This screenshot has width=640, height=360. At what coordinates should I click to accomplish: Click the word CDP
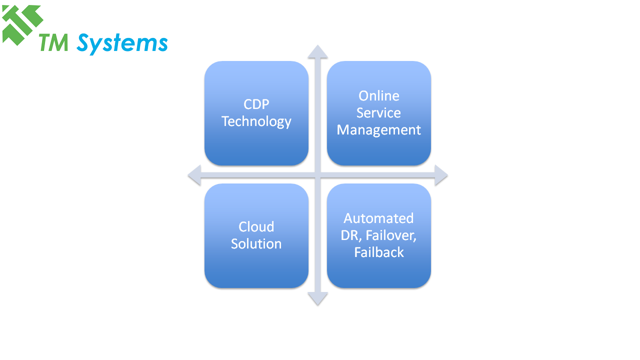pos(256,104)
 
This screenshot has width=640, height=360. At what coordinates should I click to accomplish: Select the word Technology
pos(256,121)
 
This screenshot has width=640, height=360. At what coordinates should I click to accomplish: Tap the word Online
pos(378,96)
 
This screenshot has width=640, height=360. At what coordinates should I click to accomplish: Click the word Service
pos(378,113)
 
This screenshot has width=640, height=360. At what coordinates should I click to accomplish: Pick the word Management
pos(378,130)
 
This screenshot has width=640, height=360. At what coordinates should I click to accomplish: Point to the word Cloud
pos(256,227)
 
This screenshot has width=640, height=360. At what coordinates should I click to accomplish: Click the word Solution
pos(256,244)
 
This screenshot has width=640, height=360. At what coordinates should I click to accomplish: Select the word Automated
pos(378,218)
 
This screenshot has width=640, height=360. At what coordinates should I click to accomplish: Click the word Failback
pos(378,252)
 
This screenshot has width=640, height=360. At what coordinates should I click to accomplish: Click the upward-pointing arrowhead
pos(317,51)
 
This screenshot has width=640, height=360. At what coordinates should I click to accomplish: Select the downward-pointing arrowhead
pos(317,299)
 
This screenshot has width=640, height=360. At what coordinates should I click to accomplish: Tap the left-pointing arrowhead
pos(194,175)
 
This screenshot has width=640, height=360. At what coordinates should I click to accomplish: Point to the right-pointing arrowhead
pos(440,175)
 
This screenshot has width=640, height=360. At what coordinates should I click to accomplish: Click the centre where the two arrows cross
pos(317,175)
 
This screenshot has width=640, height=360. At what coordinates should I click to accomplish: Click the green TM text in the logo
pos(53,43)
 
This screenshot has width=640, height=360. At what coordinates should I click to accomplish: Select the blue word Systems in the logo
pos(122,44)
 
